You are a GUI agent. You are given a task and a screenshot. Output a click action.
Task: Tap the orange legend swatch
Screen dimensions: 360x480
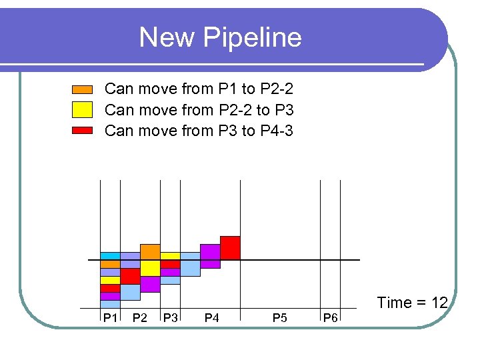coord(82,89)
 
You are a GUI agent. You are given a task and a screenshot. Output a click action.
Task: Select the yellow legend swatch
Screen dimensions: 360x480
coord(82,110)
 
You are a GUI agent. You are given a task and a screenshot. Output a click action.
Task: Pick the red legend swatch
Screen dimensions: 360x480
coord(82,131)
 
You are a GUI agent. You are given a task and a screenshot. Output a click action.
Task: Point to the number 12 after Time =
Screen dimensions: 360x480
coord(439,303)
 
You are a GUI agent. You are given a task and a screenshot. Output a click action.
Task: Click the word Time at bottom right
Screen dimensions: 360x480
coord(394,303)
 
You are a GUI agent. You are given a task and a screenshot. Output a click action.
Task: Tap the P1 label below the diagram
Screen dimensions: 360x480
coord(109,318)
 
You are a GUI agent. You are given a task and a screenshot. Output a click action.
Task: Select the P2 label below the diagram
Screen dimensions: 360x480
coord(140,318)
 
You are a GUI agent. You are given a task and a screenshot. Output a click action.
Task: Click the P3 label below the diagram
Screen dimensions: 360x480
coord(171,318)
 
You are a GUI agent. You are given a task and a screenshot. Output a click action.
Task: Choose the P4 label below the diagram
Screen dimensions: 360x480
coord(211,318)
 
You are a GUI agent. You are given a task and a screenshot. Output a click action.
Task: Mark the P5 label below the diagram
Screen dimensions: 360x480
coord(280,318)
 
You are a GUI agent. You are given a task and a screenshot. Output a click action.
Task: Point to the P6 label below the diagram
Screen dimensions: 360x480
coord(330,318)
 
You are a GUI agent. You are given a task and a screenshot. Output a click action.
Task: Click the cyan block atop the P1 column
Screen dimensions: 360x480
coord(110,256)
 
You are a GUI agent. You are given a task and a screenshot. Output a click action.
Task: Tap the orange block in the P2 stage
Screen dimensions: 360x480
coord(150,251)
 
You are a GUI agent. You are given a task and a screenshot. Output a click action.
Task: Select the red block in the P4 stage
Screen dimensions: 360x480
coord(230,247)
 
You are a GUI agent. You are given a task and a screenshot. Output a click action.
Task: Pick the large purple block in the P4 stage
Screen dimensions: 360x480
coord(210,252)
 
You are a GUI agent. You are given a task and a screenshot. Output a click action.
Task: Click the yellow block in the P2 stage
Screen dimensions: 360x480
coord(150,268)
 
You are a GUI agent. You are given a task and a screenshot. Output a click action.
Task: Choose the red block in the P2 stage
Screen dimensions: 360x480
coord(130,276)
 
